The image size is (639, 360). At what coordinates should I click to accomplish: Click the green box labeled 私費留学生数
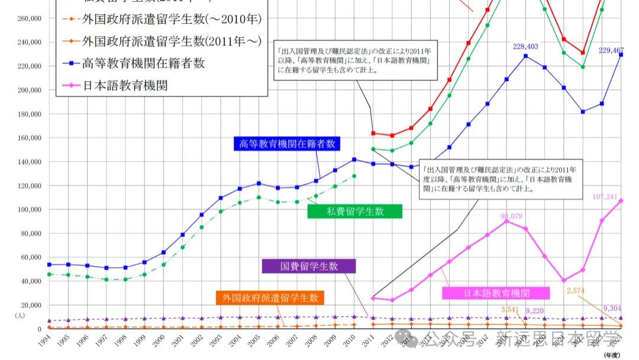[x=354, y=211]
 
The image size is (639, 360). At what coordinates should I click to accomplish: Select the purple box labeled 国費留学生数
[x=309, y=266]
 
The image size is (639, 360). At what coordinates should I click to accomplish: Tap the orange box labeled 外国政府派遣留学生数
[x=270, y=298]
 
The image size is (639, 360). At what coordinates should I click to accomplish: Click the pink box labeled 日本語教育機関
[x=496, y=293]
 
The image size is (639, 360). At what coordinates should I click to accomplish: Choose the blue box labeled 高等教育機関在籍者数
[x=287, y=143]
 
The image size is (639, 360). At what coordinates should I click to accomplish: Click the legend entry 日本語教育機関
[x=125, y=85]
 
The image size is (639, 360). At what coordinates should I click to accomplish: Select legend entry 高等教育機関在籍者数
[x=144, y=63]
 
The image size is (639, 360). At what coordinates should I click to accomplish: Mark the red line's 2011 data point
[x=373, y=133]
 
